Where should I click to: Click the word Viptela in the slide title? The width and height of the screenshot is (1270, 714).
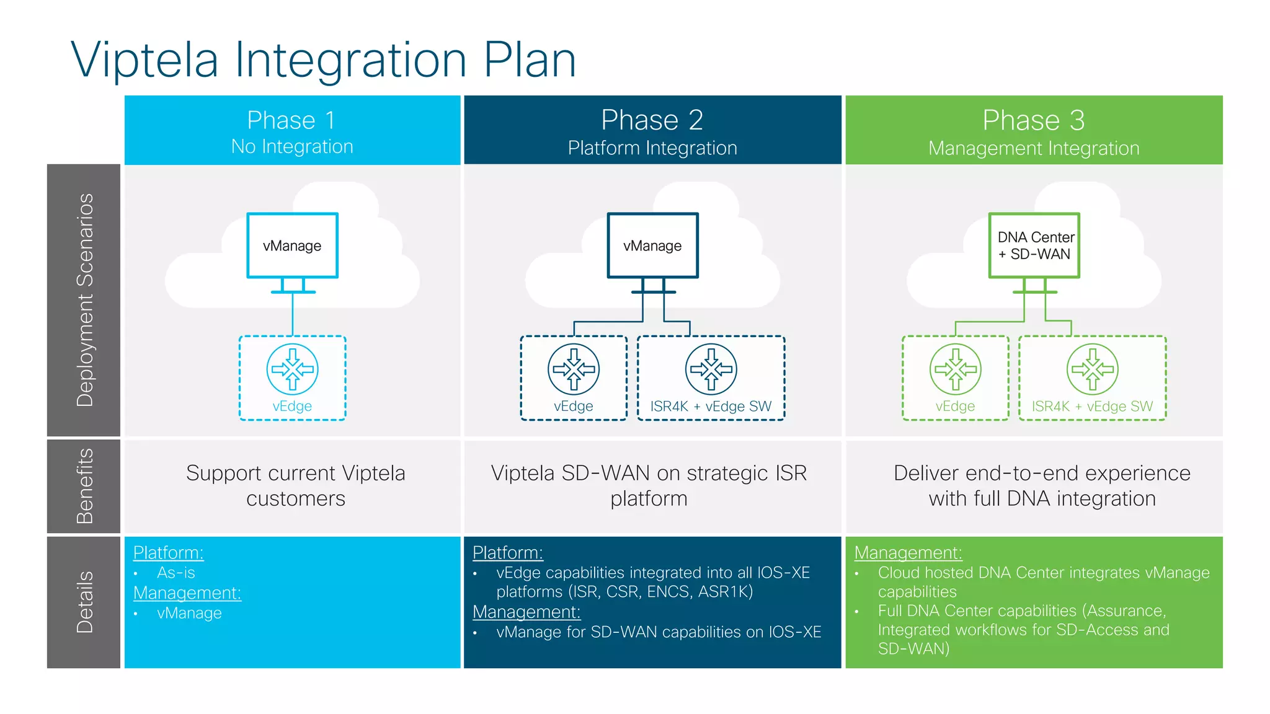(144, 60)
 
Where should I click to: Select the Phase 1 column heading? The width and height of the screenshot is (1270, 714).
(291, 120)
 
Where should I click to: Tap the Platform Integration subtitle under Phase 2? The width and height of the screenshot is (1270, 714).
(652, 148)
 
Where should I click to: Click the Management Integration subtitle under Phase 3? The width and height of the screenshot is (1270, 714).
(1034, 149)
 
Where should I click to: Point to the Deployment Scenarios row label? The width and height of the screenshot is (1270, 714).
(84, 300)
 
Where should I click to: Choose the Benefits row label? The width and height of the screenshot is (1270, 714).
(84, 487)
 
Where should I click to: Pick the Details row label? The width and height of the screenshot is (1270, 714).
(84, 602)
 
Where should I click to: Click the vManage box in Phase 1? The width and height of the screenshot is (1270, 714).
(292, 245)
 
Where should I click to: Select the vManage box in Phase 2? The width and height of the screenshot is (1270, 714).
(652, 245)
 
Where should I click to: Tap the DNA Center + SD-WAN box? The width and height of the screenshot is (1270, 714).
(1034, 245)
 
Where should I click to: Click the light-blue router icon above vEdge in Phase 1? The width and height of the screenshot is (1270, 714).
(293, 369)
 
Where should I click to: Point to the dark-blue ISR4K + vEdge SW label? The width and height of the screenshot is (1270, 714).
(711, 407)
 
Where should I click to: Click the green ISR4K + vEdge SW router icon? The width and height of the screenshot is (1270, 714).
(1093, 369)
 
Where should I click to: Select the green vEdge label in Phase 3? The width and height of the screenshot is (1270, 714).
(955, 407)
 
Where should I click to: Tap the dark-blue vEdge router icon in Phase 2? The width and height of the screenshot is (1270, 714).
(574, 369)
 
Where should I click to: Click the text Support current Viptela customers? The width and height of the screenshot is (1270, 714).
(296, 485)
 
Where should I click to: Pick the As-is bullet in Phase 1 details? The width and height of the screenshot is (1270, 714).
(175, 573)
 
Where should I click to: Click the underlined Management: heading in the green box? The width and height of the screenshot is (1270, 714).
(908, 552)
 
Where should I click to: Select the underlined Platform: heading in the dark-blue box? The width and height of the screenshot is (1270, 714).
(507, 552)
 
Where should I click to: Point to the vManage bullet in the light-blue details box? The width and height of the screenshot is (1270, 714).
(189, 613)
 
